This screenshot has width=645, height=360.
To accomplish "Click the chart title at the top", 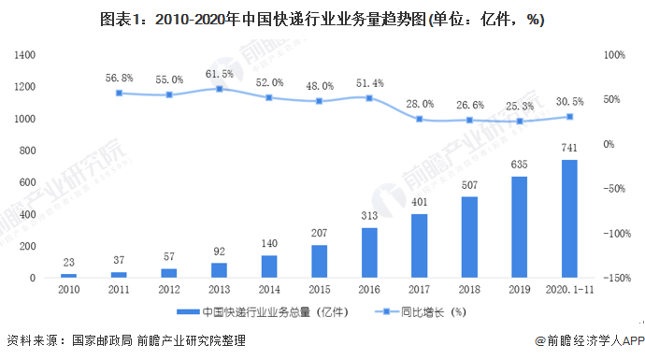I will coord(323,19).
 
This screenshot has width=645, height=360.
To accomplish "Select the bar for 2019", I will coord(520,227).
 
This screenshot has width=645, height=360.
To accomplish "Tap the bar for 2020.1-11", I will coord(569,219).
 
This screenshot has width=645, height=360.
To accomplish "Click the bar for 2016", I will coord(369,252).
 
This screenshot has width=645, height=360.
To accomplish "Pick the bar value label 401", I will coord(419,203).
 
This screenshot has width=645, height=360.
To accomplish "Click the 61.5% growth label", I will coord(219,73).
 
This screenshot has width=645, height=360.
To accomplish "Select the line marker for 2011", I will coord(119,93).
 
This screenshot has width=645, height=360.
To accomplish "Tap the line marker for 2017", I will coord(419,119).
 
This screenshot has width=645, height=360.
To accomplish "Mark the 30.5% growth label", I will coord(569,101).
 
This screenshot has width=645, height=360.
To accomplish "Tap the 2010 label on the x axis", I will coord(68,291).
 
